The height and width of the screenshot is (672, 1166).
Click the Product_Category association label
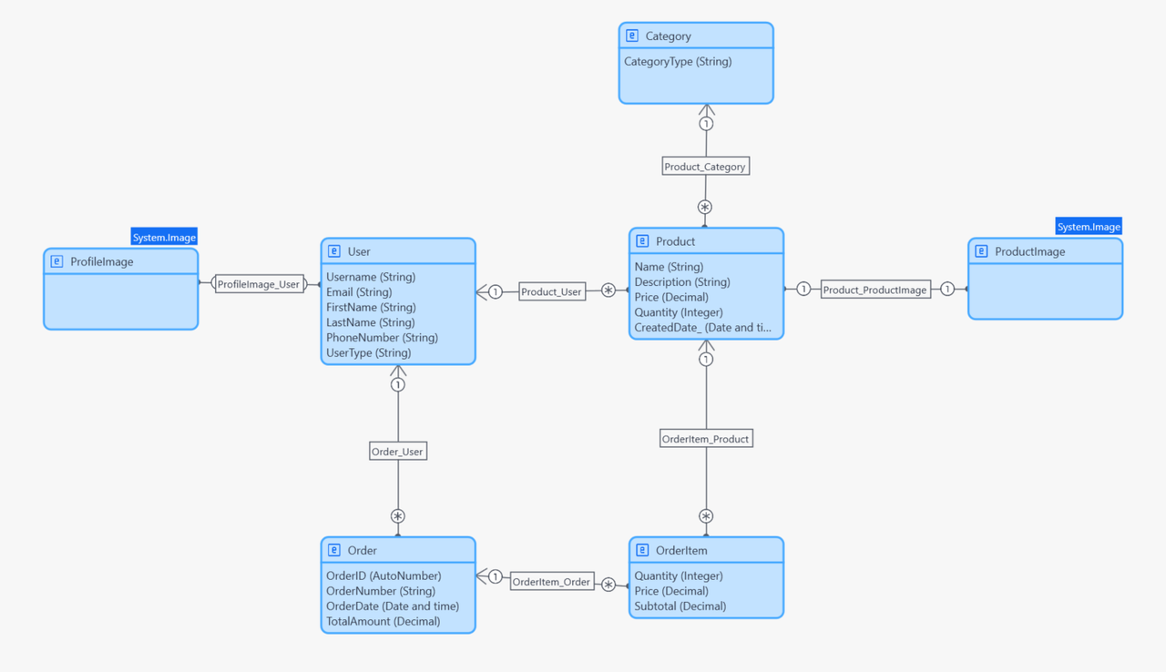click(x=705, y=167)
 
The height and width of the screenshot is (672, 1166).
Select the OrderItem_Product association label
click(x=705, y=439)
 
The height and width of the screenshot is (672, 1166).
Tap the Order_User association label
click(x=398, y=452)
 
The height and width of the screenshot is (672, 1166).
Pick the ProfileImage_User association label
click(x=259, y=284)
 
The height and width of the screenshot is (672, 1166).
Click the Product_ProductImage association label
click(x=874, y=290)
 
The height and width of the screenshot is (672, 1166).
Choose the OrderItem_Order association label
click(x=551, y=582)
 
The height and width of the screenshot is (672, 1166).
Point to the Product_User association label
click(x=551, y=292)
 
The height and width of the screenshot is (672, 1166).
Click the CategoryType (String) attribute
click(x=678, y=62)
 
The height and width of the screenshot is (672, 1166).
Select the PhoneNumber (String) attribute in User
click(x=382, y=338)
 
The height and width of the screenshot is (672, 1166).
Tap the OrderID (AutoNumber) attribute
click(x=384, y=576)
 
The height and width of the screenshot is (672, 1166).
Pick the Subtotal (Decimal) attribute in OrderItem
click(x=680, y=606)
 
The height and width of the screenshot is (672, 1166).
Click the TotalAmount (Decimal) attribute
click(x=383, y=622)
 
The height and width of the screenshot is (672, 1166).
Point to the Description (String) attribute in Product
click(x=681, y=282)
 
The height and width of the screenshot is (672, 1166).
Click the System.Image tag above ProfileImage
click(x=164, y=238)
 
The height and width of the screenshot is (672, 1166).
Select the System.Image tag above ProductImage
click(x=1089, y=227)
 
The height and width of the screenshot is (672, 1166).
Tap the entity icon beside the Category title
click(x=631, y=36)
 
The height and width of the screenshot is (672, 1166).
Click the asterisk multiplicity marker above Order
click(x=398, y=516)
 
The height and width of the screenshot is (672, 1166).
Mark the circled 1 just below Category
click(x=706, y=124)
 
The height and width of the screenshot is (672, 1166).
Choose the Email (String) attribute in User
click(x=359, y=292)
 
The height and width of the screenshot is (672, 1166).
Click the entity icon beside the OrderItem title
click(x=642, y=551)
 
